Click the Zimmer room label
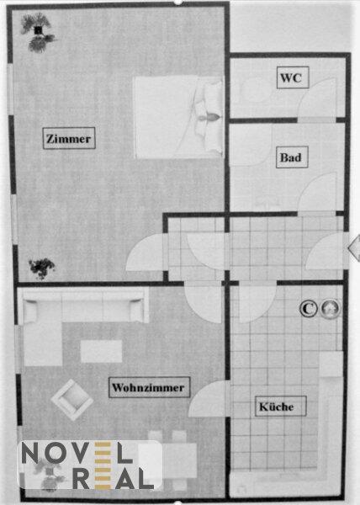tap(69, 139)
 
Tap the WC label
tap(293, 77)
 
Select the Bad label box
tap(292, 157)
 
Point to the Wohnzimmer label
tap(149, 387)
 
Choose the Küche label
tap(280, 407)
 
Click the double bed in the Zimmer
tap(178, 117)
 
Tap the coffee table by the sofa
tap(101, 351)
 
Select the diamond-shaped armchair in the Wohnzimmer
tap(72, 400)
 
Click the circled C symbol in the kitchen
tap(308, 309)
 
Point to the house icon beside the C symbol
tap(331, 308)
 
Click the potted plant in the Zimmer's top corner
tap(38, 32)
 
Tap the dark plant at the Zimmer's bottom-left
tap(41, 268)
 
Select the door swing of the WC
tap(317, 98)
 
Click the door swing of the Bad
tap(318, 192)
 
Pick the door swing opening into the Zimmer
tap(145, 252)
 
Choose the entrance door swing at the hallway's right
tap(326, 252)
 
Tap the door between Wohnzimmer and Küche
tap(209, 399)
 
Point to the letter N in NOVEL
tap(32, 453)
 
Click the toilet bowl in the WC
tap(256, 89)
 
